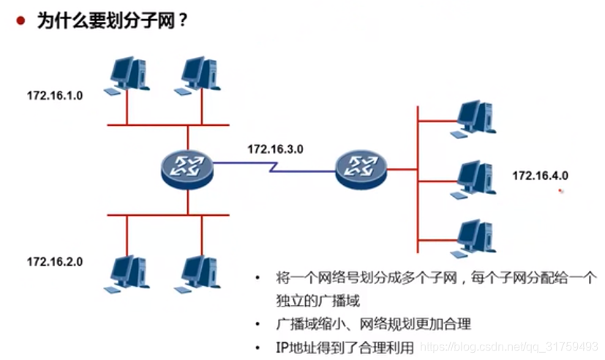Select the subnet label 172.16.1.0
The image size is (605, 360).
[x=55, y=96]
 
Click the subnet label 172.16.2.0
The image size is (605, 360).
[x=55, y=261]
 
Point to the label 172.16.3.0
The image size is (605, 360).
[x=275, y=149]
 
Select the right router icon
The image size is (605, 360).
[x=361, y=168]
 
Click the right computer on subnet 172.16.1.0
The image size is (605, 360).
[x=198, y=74]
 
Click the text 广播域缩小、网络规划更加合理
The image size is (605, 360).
[x=373, y=323]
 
